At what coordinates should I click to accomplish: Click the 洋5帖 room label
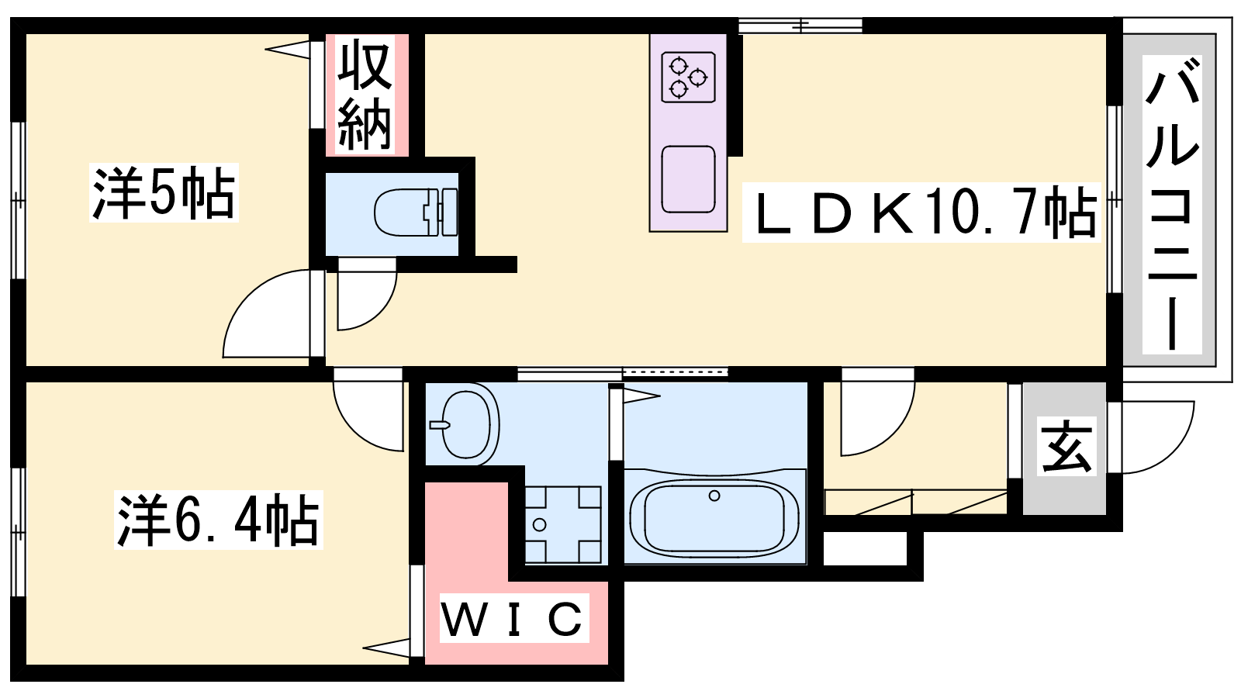click(164, 193)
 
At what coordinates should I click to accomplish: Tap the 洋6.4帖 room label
click(218, 520)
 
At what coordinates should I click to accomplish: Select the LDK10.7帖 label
click(921, 213)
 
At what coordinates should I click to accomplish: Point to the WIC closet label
click(513, 617)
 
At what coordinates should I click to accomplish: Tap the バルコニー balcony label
click(1172, 204)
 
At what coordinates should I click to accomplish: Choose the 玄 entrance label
click(1067, 446)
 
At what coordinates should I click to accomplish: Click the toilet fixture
click(416, 213)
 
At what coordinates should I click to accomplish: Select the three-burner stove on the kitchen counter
click(689, 77)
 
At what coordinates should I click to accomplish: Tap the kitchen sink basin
click(688, 179)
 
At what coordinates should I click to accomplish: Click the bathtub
click(714, 518)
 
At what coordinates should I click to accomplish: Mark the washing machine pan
click(563, 524)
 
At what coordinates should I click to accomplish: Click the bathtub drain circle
click(714, 496)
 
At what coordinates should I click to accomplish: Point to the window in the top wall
click(800, 26)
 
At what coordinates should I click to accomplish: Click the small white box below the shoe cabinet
click(865, 549)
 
